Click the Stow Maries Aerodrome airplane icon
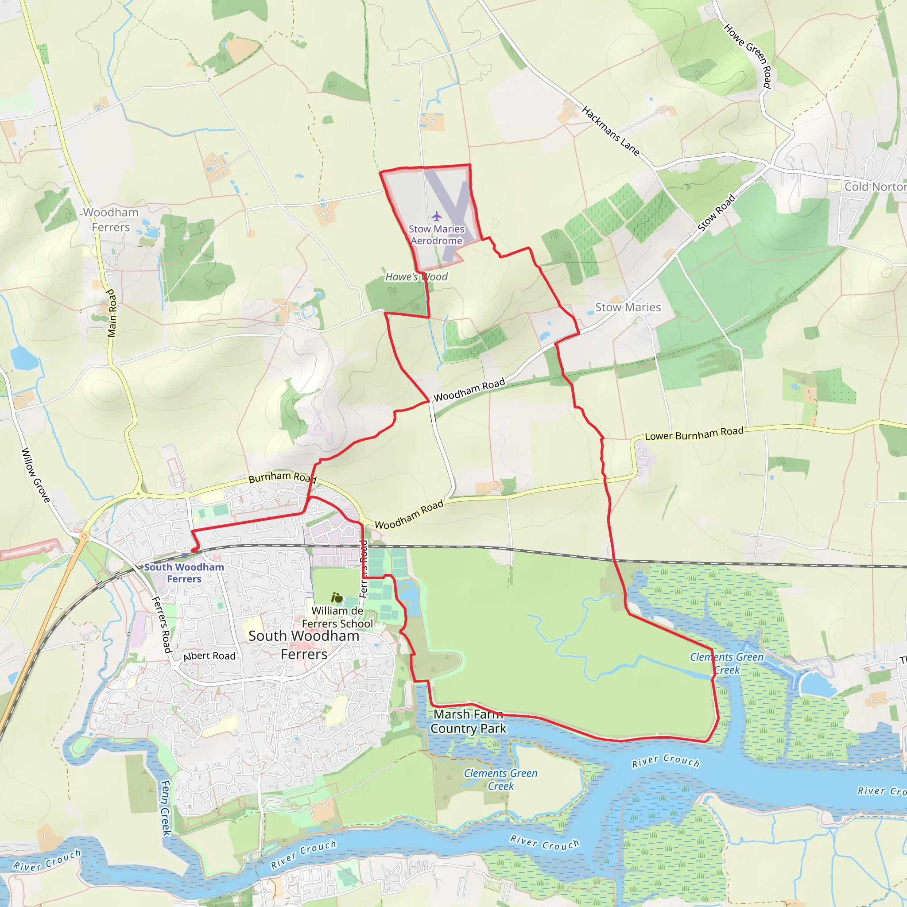coord(437,217)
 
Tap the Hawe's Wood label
coord(416,277)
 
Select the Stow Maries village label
coord(628,307)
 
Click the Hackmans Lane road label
coord(610,131)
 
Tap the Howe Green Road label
coord(748,56)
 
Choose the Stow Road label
coord(716,213)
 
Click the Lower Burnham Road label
coord(694,433)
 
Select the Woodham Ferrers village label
coord(111,220)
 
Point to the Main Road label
coord(111,313)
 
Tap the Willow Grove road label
coord(36,475)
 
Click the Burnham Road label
coord(282,477)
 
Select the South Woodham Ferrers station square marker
coord(184,555)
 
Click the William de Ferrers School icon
coord(337,597)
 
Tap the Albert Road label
coord(209,656)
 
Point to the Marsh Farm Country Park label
coord(468,721)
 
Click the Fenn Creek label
coord(166,807)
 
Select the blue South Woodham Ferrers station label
coord(184,573)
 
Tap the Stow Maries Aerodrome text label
coord(436,235)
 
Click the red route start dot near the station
coord(194,550)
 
